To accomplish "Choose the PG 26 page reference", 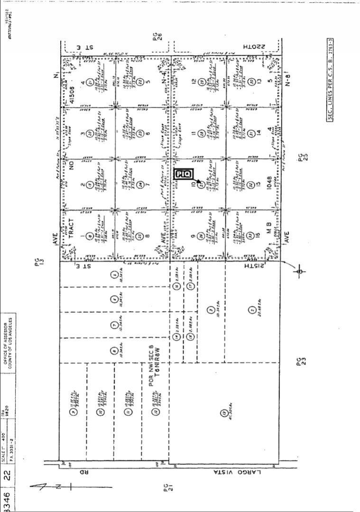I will click(x=157, y=44).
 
